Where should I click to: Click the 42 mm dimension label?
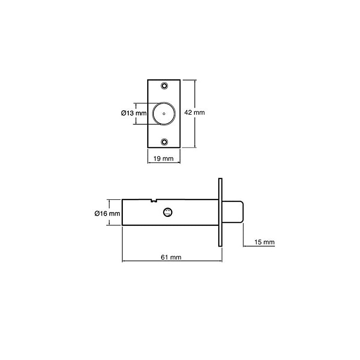click(x=194, y=112)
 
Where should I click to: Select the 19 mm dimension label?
click(x=163, y=159)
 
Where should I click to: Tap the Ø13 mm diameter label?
click(x=134, y=113)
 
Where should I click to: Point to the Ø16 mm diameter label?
click(x=107, y=213)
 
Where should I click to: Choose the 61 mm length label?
click(x=171, y=257)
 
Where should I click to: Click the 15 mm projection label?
click(x=265, y=242)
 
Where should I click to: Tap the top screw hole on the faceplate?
click(x=164, y=86)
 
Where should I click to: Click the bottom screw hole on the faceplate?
click(x=164, y=142)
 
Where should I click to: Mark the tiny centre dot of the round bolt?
click(x=164, y=114)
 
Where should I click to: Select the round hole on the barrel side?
click(x=168, y=212)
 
